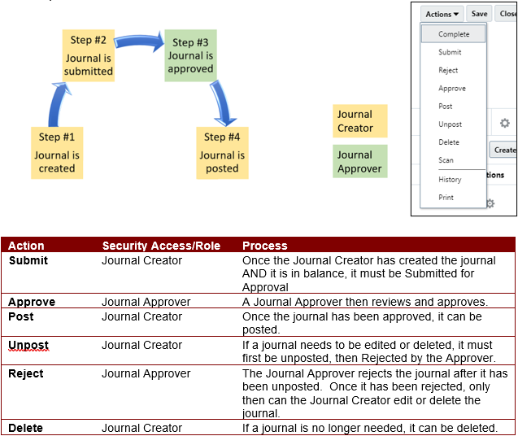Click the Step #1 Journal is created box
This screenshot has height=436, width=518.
coord(57,153)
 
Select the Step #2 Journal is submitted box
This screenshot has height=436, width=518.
coord(89,55)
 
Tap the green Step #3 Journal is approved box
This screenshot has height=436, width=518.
coord(190,55)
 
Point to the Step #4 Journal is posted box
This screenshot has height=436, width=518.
coord(222,153)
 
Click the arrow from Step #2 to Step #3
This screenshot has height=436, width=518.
coord(139,41)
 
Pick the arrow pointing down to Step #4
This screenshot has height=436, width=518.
coord(222,102)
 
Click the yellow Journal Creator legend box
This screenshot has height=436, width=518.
coord(359,121)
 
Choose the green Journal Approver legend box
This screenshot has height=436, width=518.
coord(359,161)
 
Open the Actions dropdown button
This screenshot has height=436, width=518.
coord(442,14)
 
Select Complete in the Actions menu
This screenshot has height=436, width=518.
coord(454,34)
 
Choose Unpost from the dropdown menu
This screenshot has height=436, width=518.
coord(450,124)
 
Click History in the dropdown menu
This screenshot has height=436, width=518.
coord(450,180)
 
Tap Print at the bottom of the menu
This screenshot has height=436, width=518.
coord(446,198)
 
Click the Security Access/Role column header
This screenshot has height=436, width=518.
coord(161,246)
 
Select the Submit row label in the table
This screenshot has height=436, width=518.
coord(28,260)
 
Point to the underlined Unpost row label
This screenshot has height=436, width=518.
coord(28,346)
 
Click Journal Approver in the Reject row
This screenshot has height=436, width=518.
coord(146,373)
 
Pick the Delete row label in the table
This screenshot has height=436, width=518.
coord(25,428)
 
